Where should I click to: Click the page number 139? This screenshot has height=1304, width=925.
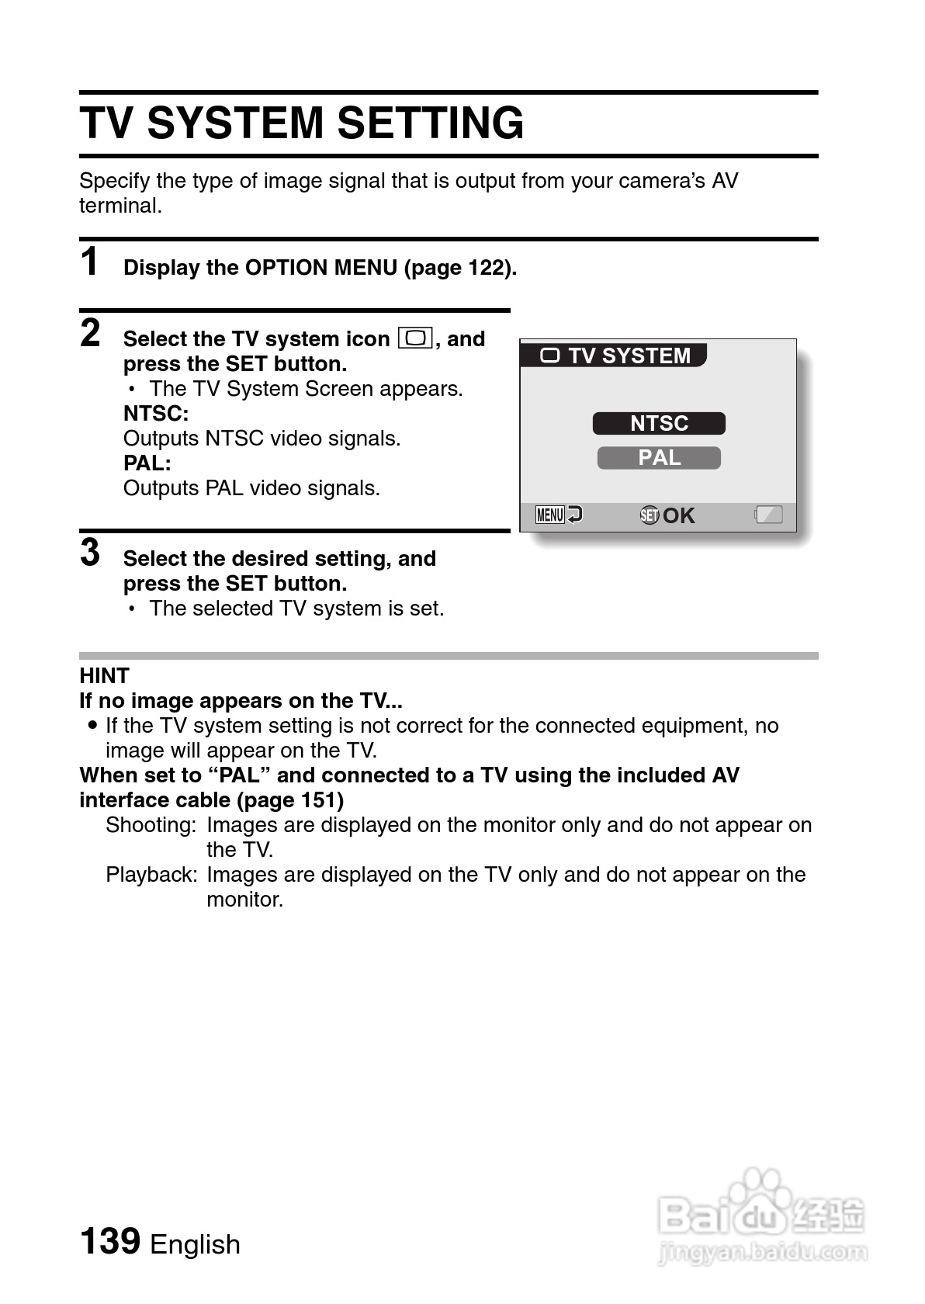[x=109, y=1241]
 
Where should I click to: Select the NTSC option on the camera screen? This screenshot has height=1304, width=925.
[x=659, y=424]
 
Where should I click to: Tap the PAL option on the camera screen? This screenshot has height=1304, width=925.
[x=659, y=458]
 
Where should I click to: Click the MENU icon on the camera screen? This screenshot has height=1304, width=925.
[x=550, y=515]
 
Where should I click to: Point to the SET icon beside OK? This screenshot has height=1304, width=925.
[x=650, y=515]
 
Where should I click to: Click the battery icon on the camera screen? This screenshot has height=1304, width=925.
[x=768, y=515]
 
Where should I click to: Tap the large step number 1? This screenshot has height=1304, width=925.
[x=90, y=262]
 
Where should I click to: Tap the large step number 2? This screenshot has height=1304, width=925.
[x=90, y=333]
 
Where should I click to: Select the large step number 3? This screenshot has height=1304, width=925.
[x=90, y=553]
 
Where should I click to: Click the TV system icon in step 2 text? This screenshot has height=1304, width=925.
[x=415, y=338]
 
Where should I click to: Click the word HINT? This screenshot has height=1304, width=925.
[x=104, y=675]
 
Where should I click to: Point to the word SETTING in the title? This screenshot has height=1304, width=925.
[x=430, y=123]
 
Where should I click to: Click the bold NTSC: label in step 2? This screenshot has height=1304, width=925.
[x=155, y=413]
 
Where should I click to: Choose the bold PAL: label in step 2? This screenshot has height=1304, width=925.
[x=147, y=463]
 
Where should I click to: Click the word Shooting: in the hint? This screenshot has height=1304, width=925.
[x=151, y=825]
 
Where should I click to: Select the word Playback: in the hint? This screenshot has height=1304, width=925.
[x=151, y=875]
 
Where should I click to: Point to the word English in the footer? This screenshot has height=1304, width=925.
[x=195, y=1244]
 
